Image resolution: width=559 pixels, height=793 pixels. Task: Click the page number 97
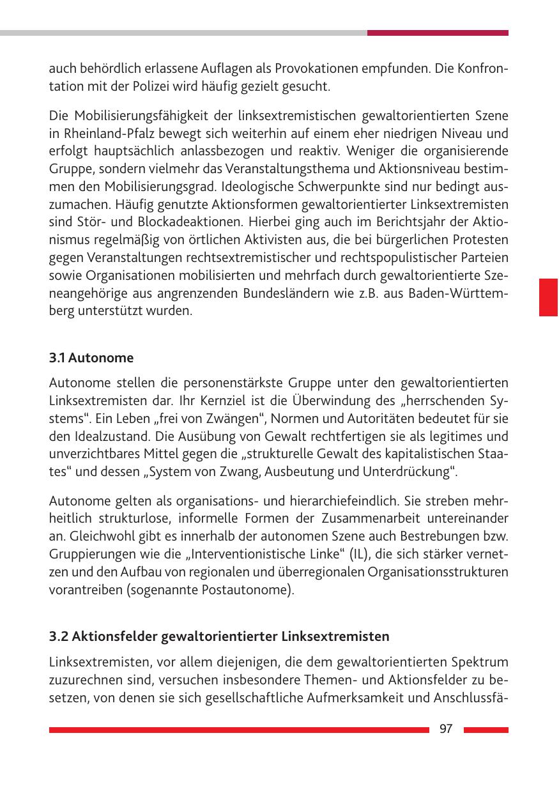point(446,730)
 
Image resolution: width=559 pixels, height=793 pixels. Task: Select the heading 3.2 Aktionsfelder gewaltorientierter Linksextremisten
point(219,636)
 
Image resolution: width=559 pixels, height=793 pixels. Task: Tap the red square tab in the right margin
point(548,297)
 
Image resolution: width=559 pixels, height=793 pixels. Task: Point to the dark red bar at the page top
point(438,33)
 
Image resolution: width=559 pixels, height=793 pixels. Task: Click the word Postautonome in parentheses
point(256,589)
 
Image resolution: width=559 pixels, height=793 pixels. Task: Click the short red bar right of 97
point(486,730)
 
